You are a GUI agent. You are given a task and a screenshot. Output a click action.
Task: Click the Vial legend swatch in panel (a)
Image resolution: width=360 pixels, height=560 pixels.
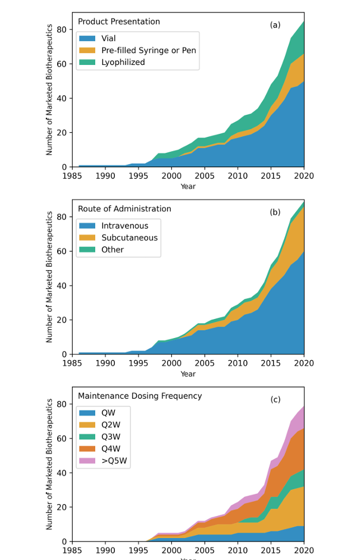coord(87,39)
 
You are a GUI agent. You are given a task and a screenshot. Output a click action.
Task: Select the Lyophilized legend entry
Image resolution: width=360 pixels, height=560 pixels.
coord(123,62)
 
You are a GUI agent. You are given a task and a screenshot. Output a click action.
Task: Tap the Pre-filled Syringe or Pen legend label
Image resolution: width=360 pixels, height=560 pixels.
coord(148,51)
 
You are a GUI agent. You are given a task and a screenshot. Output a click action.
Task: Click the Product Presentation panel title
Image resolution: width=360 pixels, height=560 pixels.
coord(119,22)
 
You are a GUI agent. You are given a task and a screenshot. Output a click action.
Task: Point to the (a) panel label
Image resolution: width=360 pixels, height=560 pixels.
coord(275,25)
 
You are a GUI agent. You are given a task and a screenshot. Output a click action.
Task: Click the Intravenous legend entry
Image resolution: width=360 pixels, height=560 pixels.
coord(124,226)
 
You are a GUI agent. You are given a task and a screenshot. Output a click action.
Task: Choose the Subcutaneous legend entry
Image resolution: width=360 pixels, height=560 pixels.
coord(129,238)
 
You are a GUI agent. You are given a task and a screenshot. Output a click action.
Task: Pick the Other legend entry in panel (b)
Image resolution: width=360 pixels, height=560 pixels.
coord(112,250)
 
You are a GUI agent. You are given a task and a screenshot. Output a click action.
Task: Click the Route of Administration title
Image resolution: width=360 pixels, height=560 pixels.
coord(124,209)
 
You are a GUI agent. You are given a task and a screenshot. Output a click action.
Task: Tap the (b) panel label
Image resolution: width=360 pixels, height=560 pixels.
coord(275,212)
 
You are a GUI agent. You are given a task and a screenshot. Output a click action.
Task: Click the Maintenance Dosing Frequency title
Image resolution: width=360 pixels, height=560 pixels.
coord(140,396)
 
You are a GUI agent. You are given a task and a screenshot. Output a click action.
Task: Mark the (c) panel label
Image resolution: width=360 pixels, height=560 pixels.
coord(275,399)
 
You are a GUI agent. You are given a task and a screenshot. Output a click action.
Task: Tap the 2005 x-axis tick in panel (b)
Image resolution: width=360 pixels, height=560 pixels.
coord(205,363)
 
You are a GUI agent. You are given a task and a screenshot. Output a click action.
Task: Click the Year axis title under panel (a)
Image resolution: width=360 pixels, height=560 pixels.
coord(188,186)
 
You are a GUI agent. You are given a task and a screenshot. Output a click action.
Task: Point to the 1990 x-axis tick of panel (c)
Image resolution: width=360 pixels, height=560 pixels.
coord(105,550)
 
